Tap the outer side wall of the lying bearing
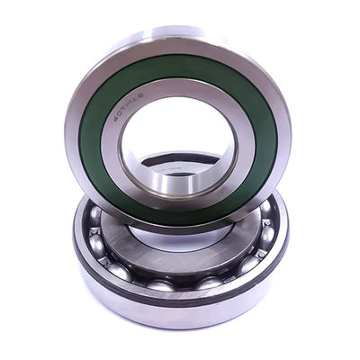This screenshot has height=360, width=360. (180, 310)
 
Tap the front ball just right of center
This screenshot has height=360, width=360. (210, 283)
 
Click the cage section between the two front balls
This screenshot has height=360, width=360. (184, 286)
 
